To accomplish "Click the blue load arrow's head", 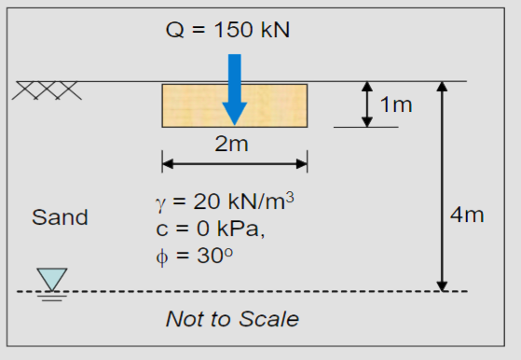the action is click(x=235, y=112).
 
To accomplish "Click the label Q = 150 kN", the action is click(x=227, y=29).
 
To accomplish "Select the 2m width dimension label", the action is click(x=233, y=144).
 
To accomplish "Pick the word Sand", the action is click(x=60, y=218).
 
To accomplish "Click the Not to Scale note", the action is click(x=232, y=319).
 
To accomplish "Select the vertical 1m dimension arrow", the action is click(x=366, y=104).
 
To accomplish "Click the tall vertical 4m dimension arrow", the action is click(x=443, y=186).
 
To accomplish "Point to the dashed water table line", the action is click(x=280, y=291).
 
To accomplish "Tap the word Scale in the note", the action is click(x=272, y=319).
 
